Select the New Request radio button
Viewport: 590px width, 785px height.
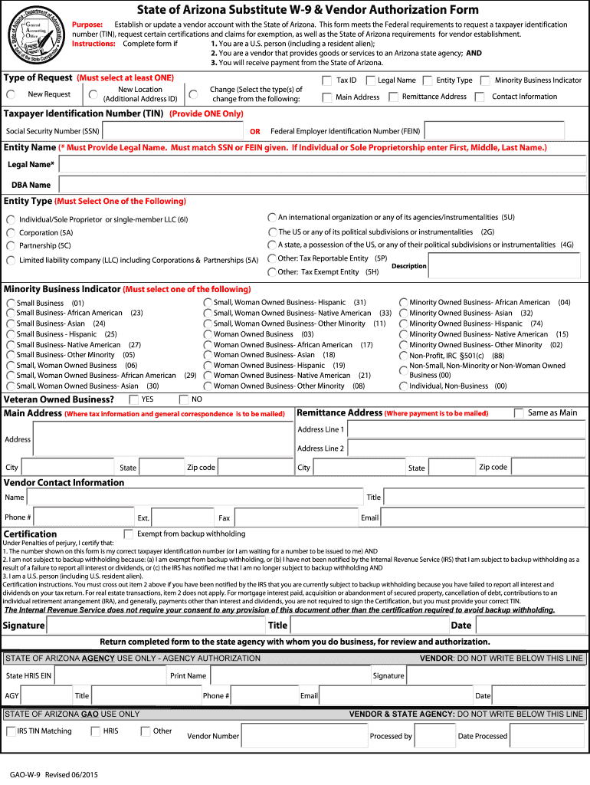11,94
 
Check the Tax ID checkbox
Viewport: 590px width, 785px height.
327,80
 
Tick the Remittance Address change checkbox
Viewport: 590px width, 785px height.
394,97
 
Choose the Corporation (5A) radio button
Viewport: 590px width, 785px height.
11,233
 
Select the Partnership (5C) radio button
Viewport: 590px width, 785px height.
11,246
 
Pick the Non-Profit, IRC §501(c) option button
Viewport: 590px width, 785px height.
404,356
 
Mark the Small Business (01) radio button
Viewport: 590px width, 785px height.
10,304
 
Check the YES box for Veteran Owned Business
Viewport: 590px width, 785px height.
134,399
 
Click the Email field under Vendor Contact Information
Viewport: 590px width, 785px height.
482,518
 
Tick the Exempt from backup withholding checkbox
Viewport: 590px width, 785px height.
129,534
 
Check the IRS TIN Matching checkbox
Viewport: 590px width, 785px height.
11,731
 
